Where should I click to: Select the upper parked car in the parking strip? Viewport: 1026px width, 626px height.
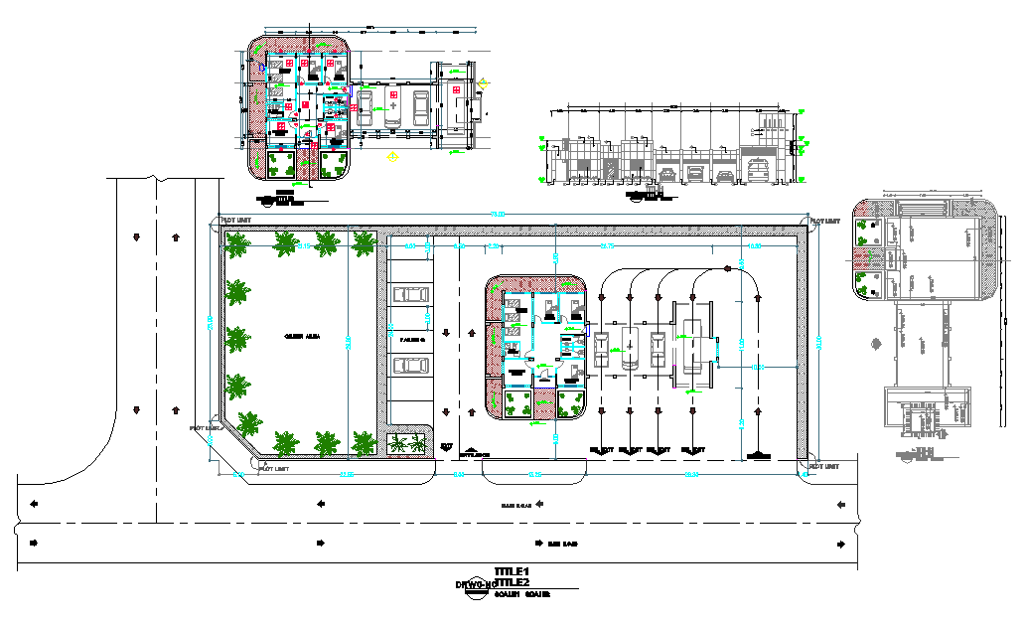(409, 295)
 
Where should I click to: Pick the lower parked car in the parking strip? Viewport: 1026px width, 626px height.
(409, 366)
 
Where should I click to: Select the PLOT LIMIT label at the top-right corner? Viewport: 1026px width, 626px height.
(826, 221)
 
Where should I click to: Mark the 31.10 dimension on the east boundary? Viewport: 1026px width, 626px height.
(818, 343)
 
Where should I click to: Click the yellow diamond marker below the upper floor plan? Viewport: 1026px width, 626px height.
(394, 156)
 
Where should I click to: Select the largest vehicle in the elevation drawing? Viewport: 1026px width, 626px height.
(761, 170)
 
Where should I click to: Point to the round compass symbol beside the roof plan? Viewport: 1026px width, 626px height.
(876, 344)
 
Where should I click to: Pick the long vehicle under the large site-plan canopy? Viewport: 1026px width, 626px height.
(692, 345)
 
